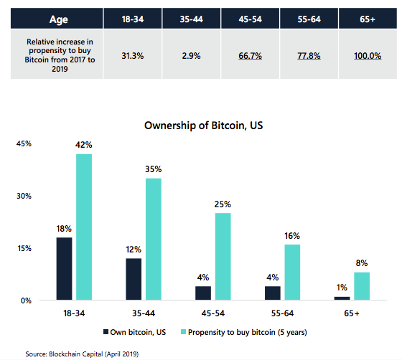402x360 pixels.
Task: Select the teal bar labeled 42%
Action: (x=84, y=227)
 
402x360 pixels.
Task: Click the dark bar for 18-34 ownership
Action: (x=65, y=268)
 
